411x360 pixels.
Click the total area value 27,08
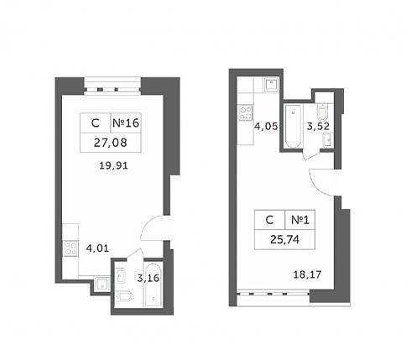(110, 143)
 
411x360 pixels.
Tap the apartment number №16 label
(126, 123)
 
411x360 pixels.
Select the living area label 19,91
(113, 165)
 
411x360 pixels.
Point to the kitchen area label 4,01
(97, 248)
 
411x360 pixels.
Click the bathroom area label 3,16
(148, 278)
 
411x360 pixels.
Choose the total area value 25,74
(285, 239)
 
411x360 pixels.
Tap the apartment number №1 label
(300, 220)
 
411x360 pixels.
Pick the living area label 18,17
(307, 274)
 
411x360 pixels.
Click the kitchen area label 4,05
(266, 126)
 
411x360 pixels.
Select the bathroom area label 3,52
(318, 126)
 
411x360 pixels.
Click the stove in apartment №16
(70, 248)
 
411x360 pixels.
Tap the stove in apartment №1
(246, 113)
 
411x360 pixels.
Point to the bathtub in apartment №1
(293, 126)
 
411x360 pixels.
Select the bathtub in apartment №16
(153, 284)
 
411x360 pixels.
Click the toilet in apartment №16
(125, 296)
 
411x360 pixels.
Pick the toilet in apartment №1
(322, 112)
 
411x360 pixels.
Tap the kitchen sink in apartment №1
(271, 85)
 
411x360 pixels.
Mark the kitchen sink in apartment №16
(101, 284)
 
